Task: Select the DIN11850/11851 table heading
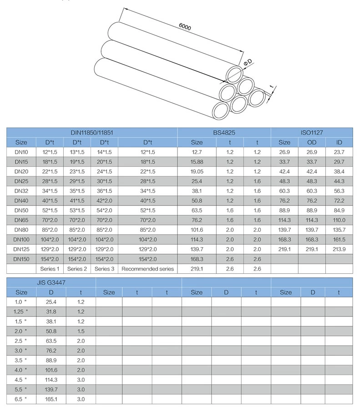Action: coord(91,133)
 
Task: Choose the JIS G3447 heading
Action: coord(51,282)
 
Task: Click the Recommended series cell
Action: coord(147,269)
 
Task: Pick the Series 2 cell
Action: coord(77,269)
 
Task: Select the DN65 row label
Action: coord(21,220)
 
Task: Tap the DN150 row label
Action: coord(21,259)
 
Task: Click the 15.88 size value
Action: coord(197,162)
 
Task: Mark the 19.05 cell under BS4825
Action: coord(197,171)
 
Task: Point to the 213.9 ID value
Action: coord(339,249)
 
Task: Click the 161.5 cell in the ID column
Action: coord(339,239)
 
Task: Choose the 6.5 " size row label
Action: coord(21,399)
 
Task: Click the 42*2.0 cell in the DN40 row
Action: coord(104,200)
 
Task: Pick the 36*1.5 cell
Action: coord(104,191)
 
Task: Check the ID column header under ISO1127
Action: coord(339,142)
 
